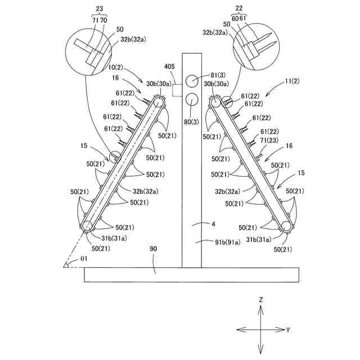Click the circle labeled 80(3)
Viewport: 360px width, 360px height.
point(192,100)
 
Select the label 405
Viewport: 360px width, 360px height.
point(169,66)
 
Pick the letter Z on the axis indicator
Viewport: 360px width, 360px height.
point(261,300)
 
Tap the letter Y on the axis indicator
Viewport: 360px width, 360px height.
point(288,330)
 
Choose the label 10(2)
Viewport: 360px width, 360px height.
point(117,67)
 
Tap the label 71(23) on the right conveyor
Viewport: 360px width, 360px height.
point(269,140)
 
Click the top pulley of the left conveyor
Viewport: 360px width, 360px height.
point(158,101)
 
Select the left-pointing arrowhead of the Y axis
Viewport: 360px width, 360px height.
point(238,330)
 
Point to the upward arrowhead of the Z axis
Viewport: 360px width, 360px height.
point(261,308)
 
